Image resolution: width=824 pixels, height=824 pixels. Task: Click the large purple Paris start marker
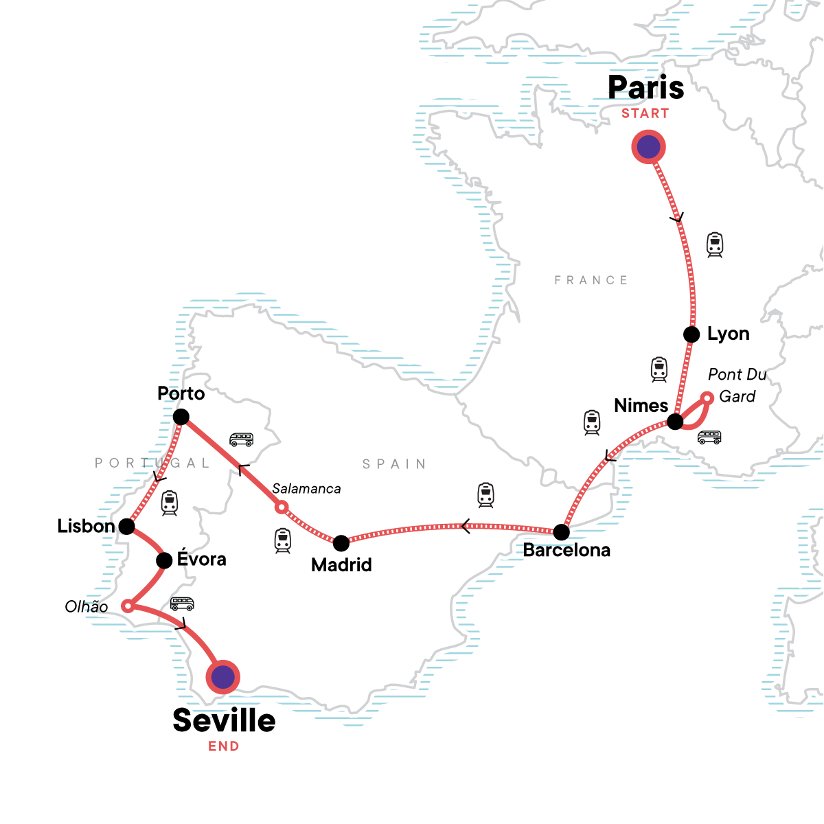click(649, 147)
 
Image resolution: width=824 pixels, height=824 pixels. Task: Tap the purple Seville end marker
click(222, 677)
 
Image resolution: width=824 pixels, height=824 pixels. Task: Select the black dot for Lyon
click(691, 334)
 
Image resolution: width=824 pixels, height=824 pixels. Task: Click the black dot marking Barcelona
click(561, 531)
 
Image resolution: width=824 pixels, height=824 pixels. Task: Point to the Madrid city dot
click(341, 543)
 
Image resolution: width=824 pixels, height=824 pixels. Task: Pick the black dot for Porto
click(181, 417)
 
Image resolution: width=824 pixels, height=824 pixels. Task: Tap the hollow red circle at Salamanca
click(281, 507)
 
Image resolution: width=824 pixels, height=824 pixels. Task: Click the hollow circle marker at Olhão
click(127, 606)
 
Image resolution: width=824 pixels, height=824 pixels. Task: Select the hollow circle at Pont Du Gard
click(707, 398)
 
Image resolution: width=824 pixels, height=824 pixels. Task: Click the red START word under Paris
click(645, 114)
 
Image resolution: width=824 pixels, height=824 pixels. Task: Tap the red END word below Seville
click(224, 746)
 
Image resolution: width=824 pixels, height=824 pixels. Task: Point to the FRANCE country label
click(591, 280)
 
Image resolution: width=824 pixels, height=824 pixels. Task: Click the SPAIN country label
click(394, 464)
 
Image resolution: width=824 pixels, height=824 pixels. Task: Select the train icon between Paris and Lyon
click(715, 244)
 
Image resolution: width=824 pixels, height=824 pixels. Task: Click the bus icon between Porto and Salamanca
click(241, 439)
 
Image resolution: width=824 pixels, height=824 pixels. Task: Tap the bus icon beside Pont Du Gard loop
click(709, 437)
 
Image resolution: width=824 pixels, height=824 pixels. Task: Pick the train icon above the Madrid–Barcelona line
click(485, 494)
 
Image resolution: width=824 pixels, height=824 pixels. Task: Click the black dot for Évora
click(164, 560)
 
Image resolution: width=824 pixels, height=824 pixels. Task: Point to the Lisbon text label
click(86, 527)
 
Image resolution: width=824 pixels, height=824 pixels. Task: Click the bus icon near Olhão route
click(182, 604)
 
